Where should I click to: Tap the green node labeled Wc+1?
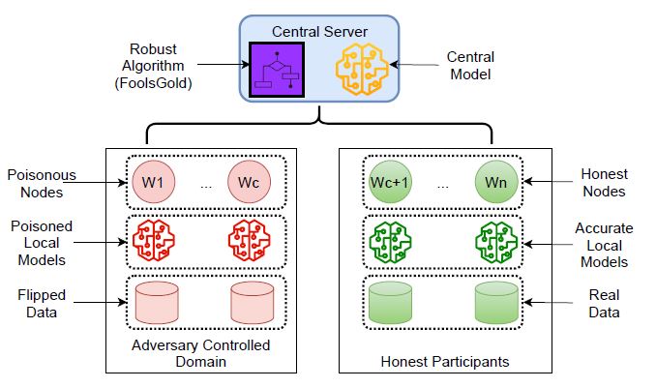390,182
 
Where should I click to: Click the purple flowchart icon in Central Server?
277,70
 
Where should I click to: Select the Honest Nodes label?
606,183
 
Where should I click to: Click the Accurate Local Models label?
606,245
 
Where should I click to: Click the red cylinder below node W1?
155,302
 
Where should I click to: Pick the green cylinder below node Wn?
497,302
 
